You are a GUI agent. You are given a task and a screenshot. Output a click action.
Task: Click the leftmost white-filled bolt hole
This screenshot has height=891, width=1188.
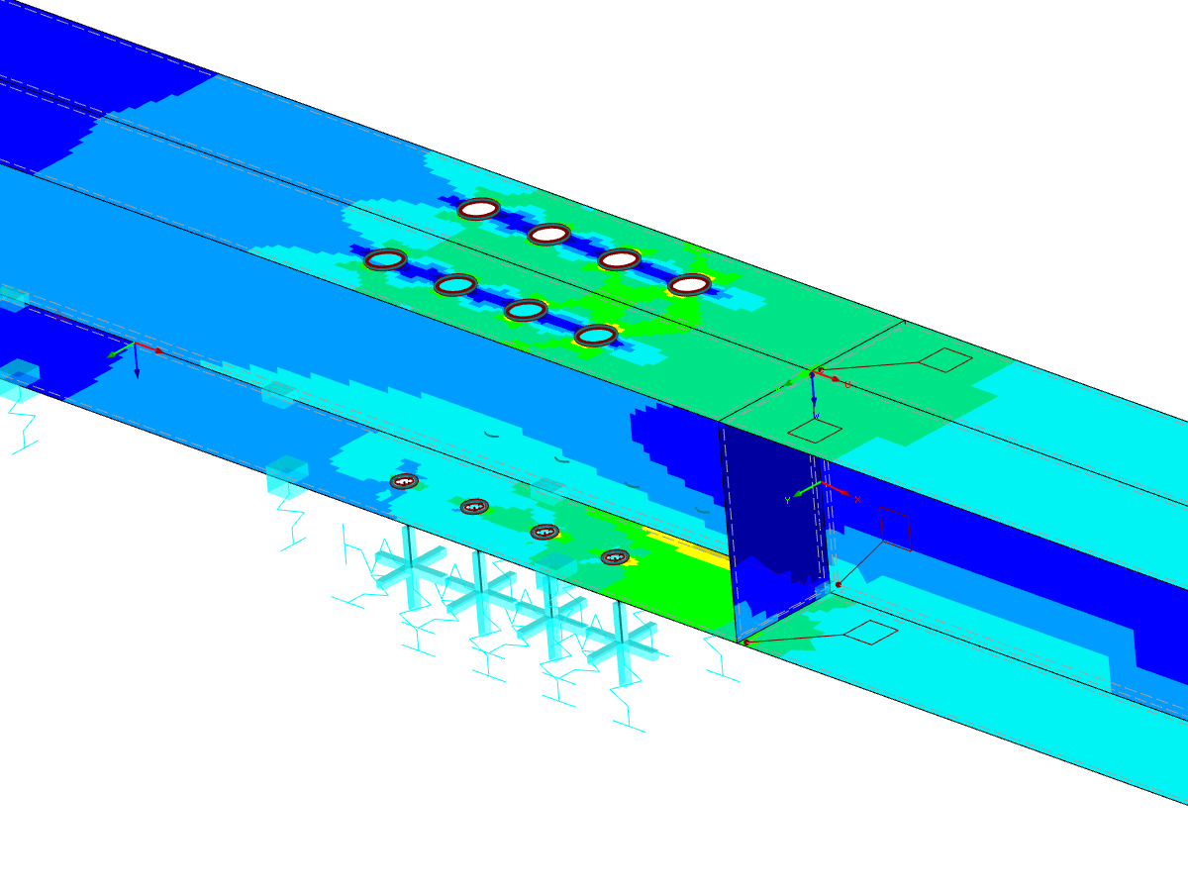coord(478,209)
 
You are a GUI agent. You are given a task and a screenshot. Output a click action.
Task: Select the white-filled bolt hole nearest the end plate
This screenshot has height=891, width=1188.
coord(689,285)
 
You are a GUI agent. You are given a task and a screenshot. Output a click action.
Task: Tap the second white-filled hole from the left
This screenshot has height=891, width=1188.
coord(548,235)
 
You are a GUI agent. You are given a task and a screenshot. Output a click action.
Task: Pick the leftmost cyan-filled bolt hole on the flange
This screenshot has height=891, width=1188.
coord(385,260)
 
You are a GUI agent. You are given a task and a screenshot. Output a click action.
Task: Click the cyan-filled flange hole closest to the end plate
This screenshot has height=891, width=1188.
coord(596,336)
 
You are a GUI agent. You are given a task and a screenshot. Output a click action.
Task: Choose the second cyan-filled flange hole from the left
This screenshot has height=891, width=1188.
coord(455,285)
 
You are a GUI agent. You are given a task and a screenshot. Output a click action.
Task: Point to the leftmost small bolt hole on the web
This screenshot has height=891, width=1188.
coord(403,481)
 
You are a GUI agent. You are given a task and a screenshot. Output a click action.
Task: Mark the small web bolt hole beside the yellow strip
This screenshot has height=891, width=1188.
coord(615,557)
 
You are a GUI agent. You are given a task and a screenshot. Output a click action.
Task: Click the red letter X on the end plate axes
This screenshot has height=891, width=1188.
coord(857,499)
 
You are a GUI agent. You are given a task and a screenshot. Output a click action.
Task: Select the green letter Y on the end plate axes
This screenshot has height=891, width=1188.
coord(787,501)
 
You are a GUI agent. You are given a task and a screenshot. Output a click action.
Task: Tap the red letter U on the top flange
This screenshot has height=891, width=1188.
coord(847,383)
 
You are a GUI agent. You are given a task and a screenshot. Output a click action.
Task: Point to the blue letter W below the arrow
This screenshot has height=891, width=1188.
coord(816,417)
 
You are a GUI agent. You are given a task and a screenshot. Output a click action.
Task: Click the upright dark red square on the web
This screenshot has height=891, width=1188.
coord(895,529)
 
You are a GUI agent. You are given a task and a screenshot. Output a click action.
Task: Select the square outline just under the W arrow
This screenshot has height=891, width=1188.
coord(815,431)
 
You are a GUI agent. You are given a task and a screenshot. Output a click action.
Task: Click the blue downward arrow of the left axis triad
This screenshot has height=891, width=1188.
coord(137,364)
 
